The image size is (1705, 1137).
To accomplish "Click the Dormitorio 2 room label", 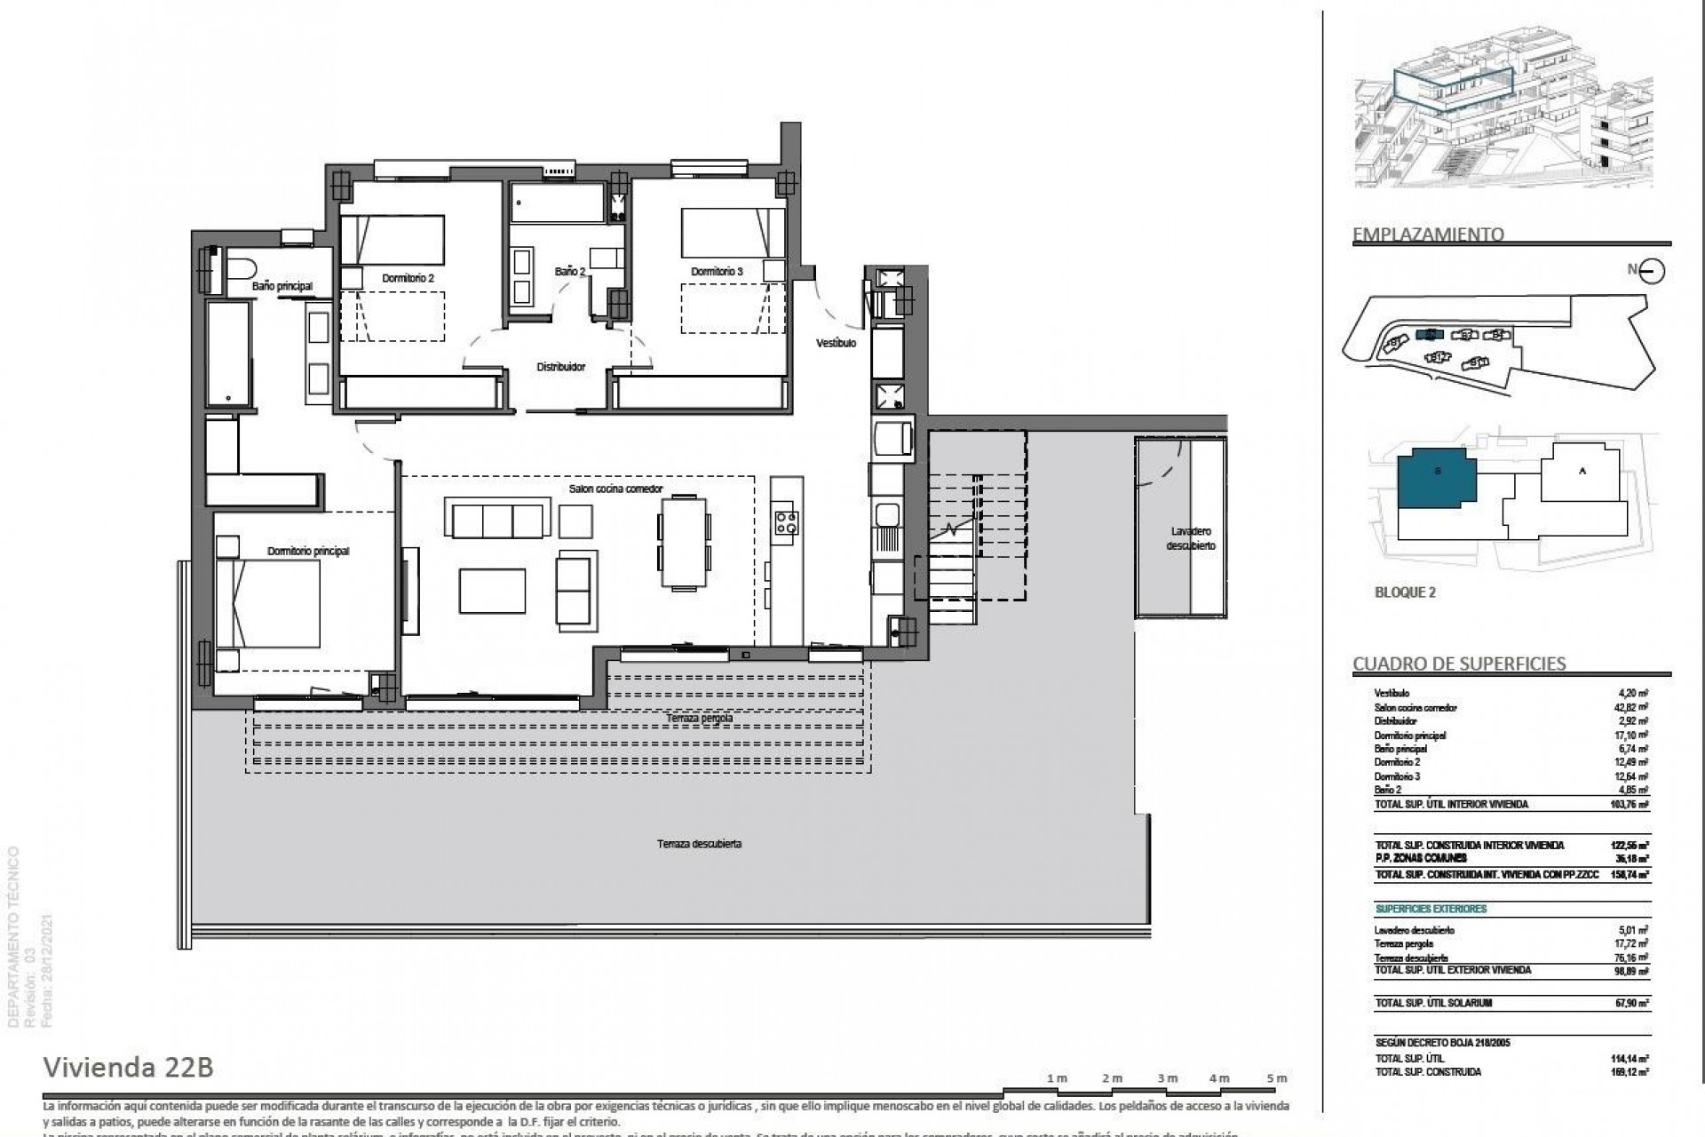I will point(408,278).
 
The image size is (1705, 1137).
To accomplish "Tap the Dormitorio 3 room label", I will point(717,271).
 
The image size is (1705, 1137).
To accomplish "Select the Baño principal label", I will point(282,286).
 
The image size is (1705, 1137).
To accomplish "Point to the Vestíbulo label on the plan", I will point(836,343).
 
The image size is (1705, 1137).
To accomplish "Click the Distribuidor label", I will point(560,366).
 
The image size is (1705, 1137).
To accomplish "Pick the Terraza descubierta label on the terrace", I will point(699,844).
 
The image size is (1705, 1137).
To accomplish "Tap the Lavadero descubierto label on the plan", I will point(1190,539).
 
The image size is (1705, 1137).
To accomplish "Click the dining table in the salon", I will point(684,543).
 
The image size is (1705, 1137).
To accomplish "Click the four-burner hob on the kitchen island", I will point(786,522).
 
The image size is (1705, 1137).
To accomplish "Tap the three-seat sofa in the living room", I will point(497,521).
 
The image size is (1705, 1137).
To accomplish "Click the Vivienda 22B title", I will point(129,1067).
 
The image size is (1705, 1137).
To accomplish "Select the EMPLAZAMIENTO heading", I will point(1428,235).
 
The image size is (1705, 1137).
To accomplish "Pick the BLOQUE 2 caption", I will point(1405,592).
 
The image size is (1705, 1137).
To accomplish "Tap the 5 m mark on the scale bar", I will point(1276,1078).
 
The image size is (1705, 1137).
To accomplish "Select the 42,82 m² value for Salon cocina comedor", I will point(1632,708).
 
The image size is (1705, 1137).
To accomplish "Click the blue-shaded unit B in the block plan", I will point(1435,480).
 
